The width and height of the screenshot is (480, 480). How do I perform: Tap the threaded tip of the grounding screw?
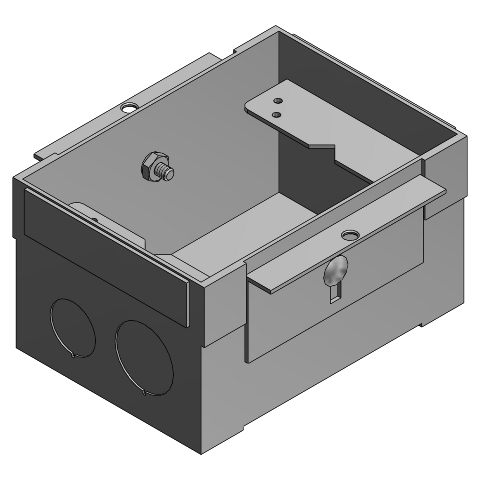point(169,173)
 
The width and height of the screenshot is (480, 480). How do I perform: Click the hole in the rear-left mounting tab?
point(128,108)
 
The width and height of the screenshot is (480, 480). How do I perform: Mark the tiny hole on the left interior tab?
point(94,219)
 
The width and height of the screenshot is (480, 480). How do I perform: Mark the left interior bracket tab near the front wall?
point(109,221)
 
